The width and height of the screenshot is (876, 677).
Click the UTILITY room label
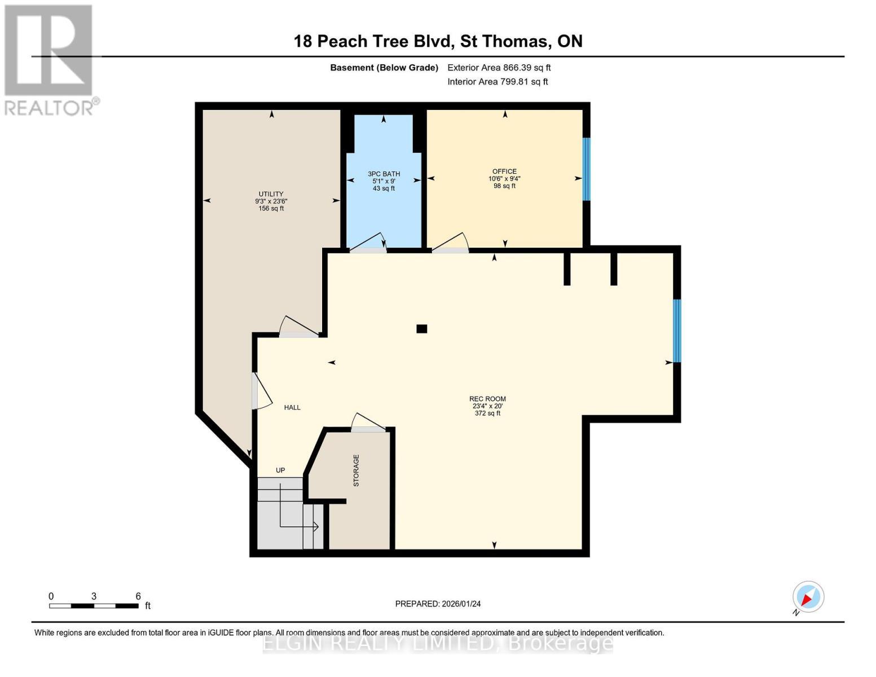coord(271,194)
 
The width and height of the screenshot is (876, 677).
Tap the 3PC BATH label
coord(384,174)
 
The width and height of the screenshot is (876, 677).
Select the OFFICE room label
coord(504,172)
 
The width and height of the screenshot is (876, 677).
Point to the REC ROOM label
coord(487,399)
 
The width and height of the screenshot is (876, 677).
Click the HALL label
coord(292,407)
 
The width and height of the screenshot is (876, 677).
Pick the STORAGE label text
coord(356,471)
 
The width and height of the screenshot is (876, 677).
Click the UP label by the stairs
coord(280,471)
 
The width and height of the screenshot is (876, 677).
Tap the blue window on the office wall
coord(586,169)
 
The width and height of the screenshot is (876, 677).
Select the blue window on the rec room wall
coord(677,331)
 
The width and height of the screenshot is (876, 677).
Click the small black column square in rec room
coord(421,329)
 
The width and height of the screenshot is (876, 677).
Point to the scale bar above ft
coord(94,606)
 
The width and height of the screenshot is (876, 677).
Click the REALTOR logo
coord(50,59)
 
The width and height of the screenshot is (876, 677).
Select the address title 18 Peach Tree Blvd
coord(438,41)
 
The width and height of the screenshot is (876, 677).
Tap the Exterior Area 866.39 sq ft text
coord(499,68)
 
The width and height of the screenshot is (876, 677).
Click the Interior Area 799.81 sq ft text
coord(498,82)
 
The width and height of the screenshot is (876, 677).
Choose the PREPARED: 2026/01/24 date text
coord(438,604)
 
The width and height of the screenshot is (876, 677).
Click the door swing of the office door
coord(451,243)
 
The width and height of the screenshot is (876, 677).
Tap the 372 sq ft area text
coord(487,414)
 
